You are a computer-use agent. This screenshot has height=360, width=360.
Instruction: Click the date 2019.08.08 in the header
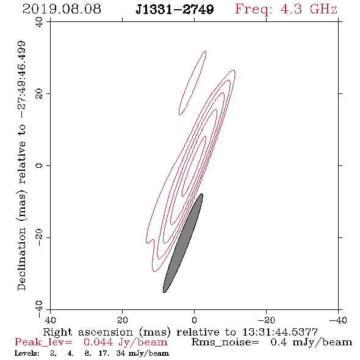click(62, 9)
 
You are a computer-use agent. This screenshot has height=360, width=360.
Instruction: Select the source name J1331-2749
click(175, 10)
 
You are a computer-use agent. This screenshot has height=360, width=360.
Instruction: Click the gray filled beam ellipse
click(183, 243)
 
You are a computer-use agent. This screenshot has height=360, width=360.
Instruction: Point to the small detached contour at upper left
click(192, 82)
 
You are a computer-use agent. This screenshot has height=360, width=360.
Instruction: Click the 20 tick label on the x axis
click(122, 320)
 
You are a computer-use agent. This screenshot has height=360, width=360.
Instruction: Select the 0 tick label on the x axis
click(194, 320)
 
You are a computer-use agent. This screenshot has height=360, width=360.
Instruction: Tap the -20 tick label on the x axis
click(266, 320)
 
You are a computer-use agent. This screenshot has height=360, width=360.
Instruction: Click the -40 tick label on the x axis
click(338, 320)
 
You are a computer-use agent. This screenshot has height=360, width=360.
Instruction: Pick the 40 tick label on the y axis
click(39, 22)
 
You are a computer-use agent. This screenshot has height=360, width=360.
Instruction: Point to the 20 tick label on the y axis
click(39, 94)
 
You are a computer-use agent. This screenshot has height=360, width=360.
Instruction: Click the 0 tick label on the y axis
click(39, 165)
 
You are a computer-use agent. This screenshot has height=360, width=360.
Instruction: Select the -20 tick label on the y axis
click(39, 237)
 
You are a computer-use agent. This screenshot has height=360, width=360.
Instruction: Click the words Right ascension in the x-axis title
click(88, 332)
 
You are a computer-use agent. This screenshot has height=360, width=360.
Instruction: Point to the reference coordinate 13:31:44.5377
click(280, 332)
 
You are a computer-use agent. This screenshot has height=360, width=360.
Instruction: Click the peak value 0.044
click(98, 342)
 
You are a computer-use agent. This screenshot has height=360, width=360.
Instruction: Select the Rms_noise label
click(225, 342)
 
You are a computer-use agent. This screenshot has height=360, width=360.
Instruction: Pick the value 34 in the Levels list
click(121, 353)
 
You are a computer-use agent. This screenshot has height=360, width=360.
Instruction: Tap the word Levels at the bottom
click(27, 353)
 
